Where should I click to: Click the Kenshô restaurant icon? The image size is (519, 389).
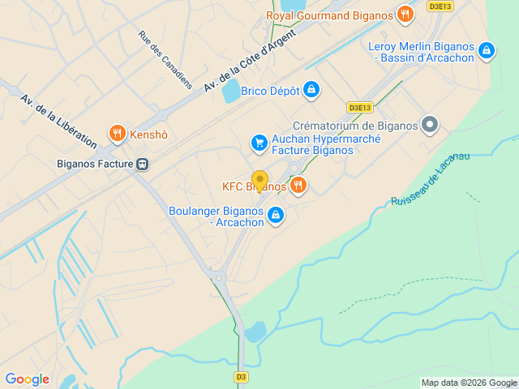(x=118, y=134)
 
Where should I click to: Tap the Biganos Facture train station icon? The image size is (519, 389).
(x=143, y=164)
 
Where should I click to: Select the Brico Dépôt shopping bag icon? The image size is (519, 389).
(x=311, y=91)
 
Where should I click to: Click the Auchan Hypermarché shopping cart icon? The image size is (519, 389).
(x=259, y=143)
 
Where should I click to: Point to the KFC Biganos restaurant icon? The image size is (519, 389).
(x=298, y=186)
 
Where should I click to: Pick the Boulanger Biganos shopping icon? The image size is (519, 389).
(x=276, y=216)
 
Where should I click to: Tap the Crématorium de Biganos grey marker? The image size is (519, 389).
(x=430, y=125)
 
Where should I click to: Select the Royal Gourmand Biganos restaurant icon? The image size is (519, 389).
(x=405, y=15)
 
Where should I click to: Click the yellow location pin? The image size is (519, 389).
(x=259, y=180)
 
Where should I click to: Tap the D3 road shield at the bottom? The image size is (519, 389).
(x=241, y=377)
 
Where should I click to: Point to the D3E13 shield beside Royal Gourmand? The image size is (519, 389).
(x=440, y=6)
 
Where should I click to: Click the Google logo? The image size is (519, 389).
(x=27, y=379)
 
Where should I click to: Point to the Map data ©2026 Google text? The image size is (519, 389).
(x=469, y=383)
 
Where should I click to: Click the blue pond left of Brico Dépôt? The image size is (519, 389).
(x=231, y=91)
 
